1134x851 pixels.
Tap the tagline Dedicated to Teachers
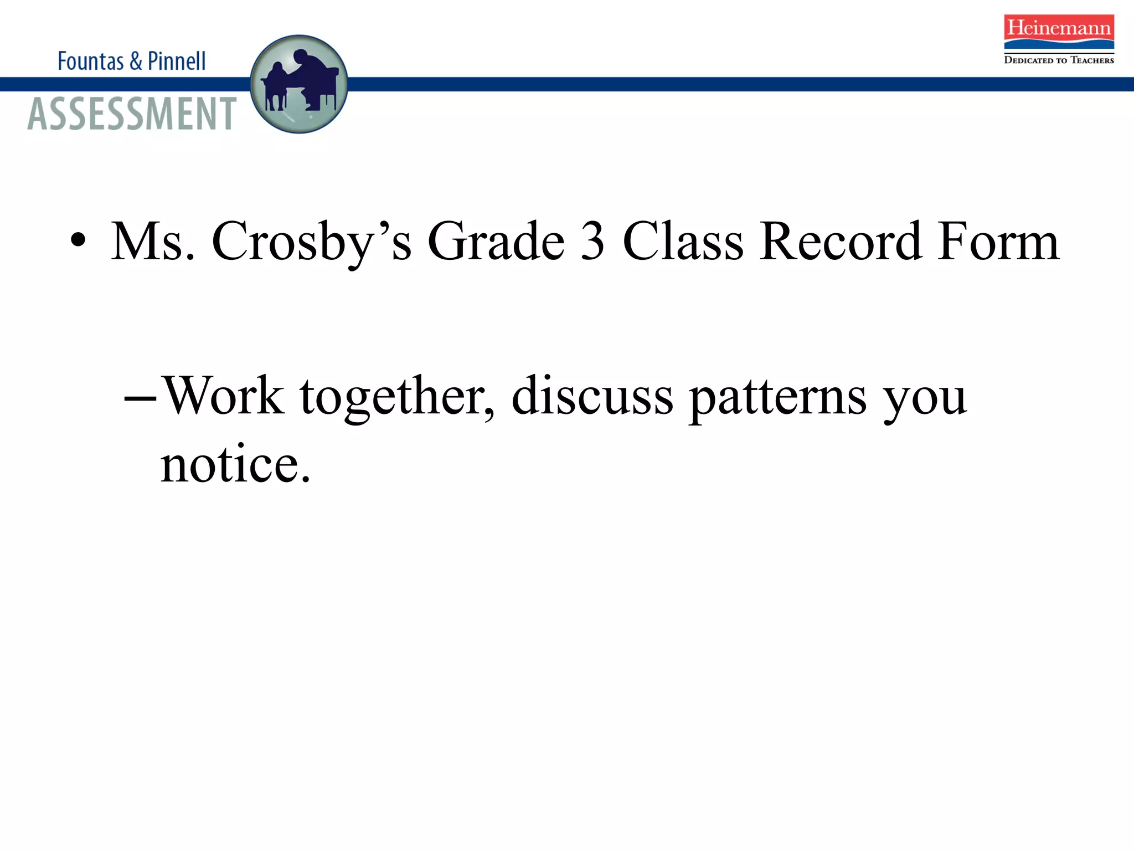(1059, 60)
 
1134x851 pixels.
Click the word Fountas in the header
(91, 61)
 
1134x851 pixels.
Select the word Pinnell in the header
(177, 61)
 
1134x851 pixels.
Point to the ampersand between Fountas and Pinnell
(136, 61)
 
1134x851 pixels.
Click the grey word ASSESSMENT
(132, 114)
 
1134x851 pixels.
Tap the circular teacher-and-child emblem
(299, 84)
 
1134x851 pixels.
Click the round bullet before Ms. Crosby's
(79, 240)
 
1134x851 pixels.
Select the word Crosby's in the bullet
(312, 242)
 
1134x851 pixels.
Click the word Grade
(496, 242)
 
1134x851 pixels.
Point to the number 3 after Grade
(592, 242)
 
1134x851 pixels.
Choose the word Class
(683, 242)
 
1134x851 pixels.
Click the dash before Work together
(140, 398)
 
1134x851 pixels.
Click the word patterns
(778, 398)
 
